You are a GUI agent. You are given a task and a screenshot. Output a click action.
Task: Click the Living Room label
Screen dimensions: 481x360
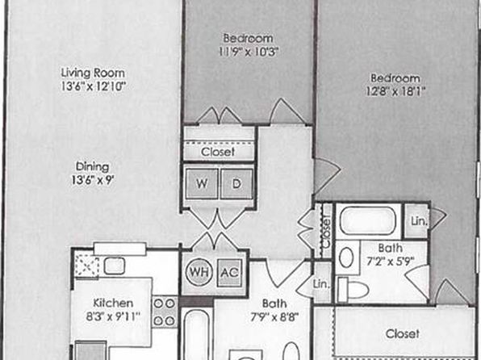pos(93,73)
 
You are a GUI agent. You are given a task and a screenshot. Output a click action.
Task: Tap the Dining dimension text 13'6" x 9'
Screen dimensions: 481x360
pos(93,180)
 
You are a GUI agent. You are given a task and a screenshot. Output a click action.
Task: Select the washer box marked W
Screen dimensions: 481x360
pos(202,184)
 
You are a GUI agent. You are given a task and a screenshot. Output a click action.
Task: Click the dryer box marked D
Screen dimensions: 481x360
pos(236,184)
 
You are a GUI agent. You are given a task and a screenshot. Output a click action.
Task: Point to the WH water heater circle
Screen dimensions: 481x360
pos(199,272)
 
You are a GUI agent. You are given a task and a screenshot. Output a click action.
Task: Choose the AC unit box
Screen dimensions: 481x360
pos(230,273)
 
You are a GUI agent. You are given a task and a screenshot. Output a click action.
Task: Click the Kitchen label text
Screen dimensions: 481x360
pos(113,303)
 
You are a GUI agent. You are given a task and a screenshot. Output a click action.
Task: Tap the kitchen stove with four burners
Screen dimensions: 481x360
pos(165,312)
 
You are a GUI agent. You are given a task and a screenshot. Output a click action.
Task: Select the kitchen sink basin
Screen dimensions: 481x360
pos(114,266)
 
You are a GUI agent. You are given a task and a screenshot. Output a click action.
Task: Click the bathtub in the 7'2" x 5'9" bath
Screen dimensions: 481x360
pos(368,220)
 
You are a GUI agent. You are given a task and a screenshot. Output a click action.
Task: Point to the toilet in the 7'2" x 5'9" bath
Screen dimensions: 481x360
pos(353,289)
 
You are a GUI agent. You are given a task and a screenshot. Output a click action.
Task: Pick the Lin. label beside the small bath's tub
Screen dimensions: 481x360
pos(419,221)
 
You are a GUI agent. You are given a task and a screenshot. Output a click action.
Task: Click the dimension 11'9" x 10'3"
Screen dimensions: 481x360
pos(249,52)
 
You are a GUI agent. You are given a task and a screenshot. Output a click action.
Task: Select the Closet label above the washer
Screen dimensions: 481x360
pos(218,152)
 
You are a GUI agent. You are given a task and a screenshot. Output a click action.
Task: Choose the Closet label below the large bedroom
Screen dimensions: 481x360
pos(402,333)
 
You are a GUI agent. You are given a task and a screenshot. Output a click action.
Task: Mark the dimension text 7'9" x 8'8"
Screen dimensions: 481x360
pos(274,316)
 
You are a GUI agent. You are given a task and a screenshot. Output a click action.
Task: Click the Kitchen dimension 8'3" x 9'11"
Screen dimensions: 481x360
pos(113,316)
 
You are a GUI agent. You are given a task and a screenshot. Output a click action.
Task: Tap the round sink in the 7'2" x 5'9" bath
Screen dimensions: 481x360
pos(346,257)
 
